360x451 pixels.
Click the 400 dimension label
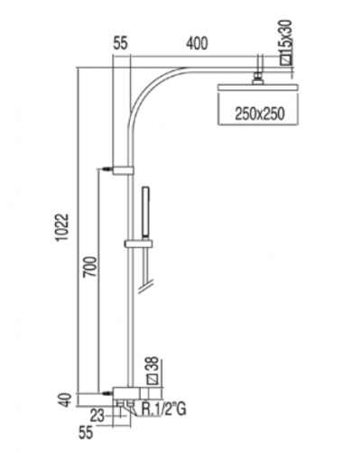pos(197,43)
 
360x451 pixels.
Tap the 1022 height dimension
pos(63,227)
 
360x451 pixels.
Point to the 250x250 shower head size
pos(260,114)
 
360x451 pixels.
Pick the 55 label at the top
pos(121,43)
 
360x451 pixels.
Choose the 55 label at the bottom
pos(86,433)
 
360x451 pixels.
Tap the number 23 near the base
pos(97,417)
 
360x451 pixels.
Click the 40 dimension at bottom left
pos(67,400)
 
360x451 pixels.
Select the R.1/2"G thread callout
pos(163,410)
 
